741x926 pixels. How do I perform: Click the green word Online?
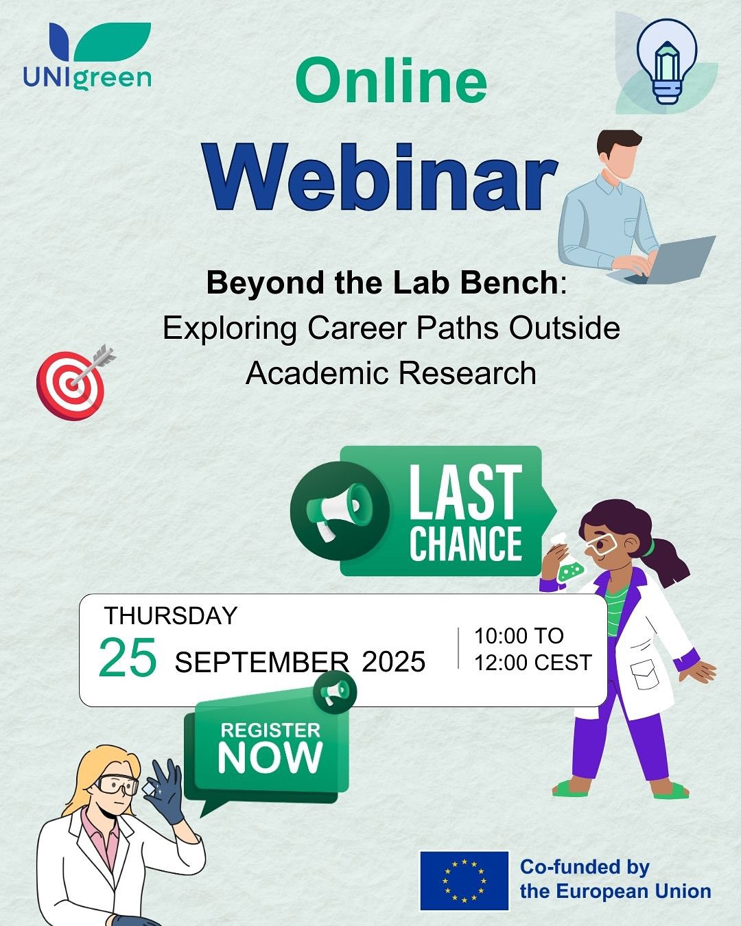point(391,81)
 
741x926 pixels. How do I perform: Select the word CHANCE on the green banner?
point(466,543)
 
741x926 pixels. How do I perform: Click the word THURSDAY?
point(171,615)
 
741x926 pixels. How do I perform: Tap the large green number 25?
point(128,657)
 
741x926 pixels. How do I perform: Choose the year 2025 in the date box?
point(393,662)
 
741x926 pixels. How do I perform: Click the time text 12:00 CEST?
point(532,663)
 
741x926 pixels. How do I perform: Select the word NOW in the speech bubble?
point(270,757)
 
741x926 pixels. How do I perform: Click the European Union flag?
point(464,881)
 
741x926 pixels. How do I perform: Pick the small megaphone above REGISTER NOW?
point(334,691)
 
